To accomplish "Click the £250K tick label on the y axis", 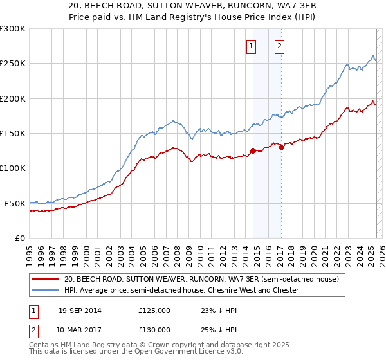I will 13,64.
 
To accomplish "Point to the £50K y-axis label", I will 15,203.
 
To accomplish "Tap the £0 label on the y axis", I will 19,238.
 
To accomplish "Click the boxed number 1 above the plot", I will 250,46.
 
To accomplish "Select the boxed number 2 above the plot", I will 280,46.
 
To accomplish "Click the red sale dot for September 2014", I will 253,151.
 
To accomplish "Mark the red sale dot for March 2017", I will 281,147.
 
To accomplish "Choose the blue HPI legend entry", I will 181,290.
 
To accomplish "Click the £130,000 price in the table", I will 154,330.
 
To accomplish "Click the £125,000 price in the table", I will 154,310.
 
